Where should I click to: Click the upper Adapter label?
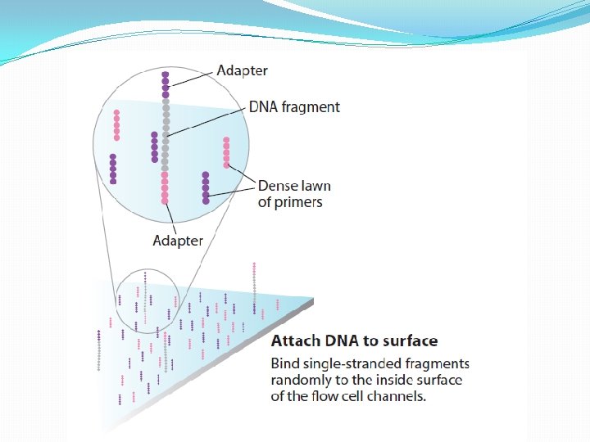coord(242,70)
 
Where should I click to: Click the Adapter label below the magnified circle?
coord(178,240)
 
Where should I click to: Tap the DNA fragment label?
coord(294,107)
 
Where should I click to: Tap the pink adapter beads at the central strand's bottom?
coord(165,187)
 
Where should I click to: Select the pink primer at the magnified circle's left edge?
coord(116,125)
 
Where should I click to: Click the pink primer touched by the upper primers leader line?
coord(226,153)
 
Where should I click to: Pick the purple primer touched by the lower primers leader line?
coord(206,187)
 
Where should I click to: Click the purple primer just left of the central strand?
coord(154,147)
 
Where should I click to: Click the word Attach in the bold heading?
coord(293,341)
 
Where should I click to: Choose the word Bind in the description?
coord(284,363)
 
